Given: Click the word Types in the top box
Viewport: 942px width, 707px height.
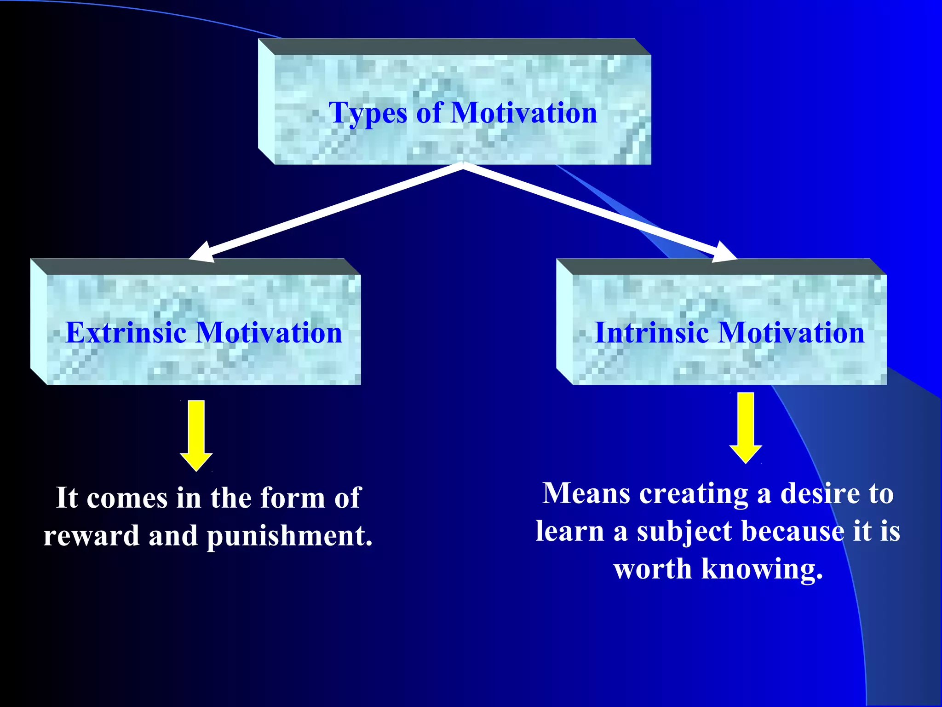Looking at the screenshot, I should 368,113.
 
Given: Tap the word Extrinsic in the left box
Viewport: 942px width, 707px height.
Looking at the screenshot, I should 126,332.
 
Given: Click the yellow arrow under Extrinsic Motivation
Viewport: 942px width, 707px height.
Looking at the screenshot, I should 196,435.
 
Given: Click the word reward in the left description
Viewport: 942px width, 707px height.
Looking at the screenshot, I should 91,536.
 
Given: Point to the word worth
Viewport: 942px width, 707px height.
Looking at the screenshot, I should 653,569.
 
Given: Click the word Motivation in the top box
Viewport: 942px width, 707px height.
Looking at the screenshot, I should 524,112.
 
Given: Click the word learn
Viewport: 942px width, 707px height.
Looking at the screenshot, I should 570,531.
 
